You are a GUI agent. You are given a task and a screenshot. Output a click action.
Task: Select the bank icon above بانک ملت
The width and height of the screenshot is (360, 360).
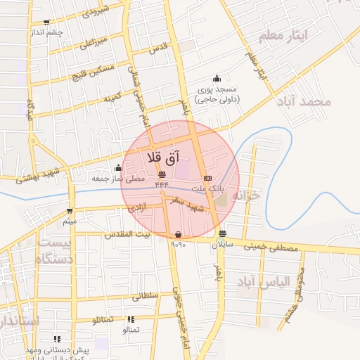tap(207, 178)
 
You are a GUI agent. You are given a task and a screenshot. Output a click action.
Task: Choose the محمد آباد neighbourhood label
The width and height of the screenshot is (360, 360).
tap(304, 102)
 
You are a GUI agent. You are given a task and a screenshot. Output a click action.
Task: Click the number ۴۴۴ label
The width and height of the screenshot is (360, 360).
tap(162, 184)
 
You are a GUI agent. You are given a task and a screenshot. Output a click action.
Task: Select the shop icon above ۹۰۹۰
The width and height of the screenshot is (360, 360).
tap(177, 234)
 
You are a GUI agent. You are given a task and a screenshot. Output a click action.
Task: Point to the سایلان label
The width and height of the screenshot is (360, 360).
tap(221, 244)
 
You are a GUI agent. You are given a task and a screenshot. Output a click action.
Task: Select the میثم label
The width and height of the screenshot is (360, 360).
tap(69, 222)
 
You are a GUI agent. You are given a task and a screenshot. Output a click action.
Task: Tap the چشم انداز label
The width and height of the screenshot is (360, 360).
tap(46, 32)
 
